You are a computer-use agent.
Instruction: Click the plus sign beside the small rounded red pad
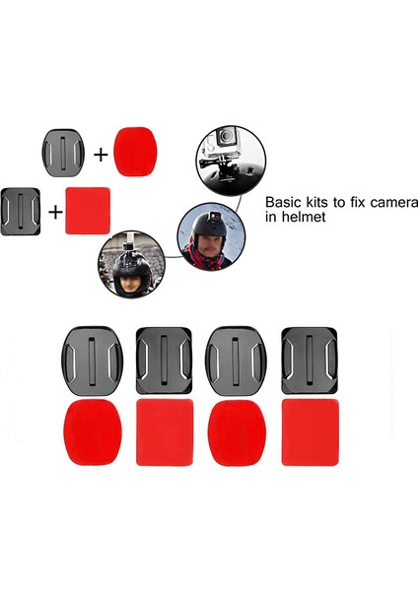(x=101, y=154)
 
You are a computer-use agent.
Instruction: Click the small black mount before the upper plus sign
(x=63, y=151)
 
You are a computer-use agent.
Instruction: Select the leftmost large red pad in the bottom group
(x=93, y=434)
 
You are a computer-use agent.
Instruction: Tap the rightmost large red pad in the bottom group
(x=312, y=433)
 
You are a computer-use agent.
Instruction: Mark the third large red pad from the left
(x=238, y=434)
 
